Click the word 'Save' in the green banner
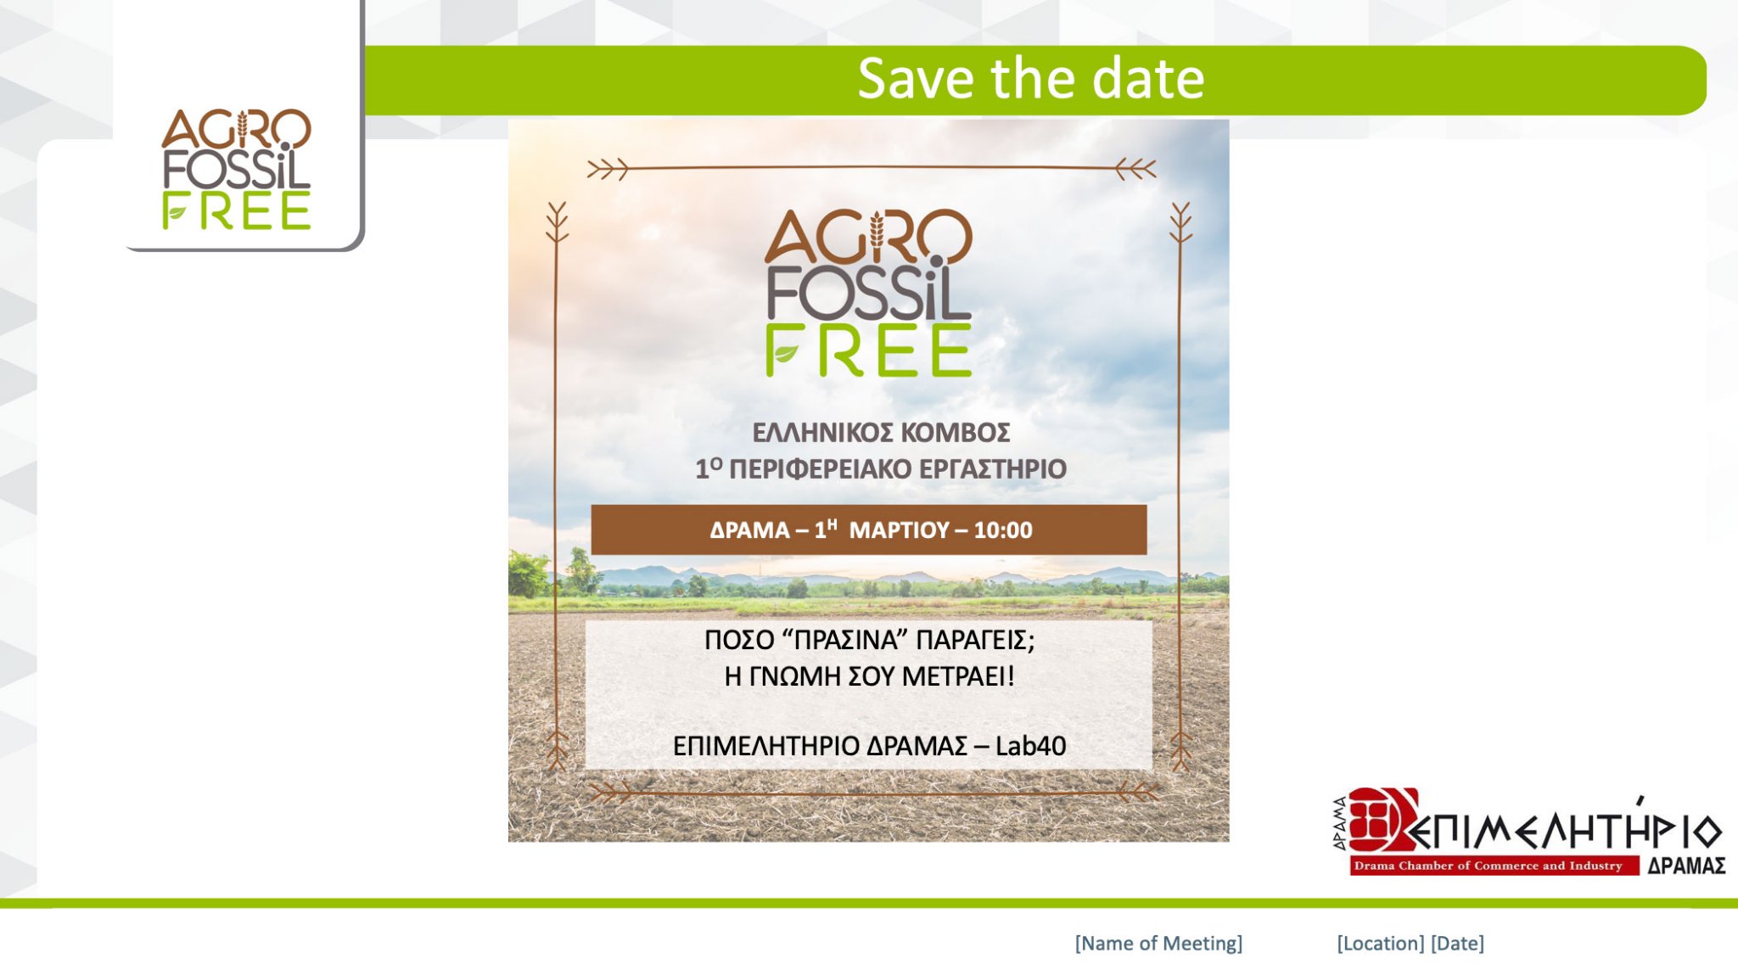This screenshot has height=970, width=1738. tap(915, 79)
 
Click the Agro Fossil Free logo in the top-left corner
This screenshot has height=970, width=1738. tap(237, 169)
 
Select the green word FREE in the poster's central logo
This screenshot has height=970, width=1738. tap(868, 350)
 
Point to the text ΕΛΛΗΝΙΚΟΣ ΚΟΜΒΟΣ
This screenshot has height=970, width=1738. tap(881, 433)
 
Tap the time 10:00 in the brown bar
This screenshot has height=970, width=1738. tap(1003, 530)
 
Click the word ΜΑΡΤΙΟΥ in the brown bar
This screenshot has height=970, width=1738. tap(899, 530)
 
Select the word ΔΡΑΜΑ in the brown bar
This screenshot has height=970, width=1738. tap(749, 530)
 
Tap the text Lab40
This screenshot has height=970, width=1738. tap(1030, 746)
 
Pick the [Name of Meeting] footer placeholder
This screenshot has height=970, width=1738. tap(1158, 944)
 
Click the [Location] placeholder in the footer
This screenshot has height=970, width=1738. tap(1381, 944)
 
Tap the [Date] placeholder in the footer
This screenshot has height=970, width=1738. tap(1458, 944)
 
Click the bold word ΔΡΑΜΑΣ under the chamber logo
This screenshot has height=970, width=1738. tap(1686, 866)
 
